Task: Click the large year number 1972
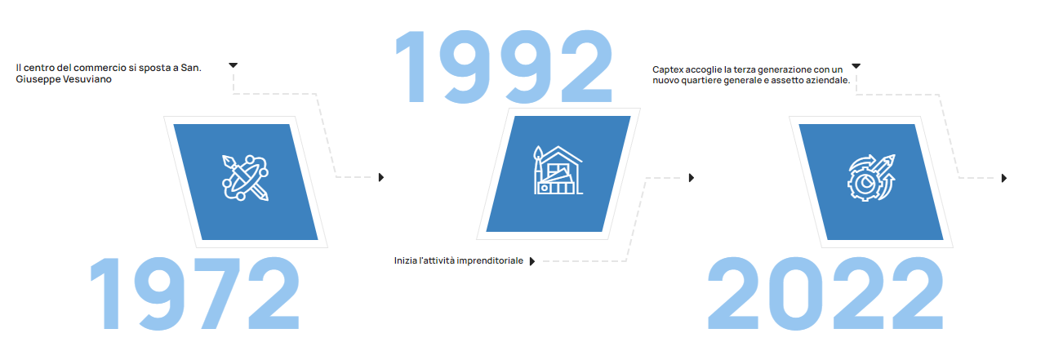click(x=195, y=293)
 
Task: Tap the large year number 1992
click(x=504, y=66)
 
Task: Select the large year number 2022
click(x=825, y=293)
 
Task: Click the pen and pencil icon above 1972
click(x=246, y=178)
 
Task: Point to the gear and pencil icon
click(x=871, y=178)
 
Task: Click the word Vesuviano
click(x=88, y=79)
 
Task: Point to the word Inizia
click(x=405, y=260)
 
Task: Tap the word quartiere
click(x=701, y=81)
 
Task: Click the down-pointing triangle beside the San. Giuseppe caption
click(x=233, y=65)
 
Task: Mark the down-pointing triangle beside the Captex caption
click(x=856, y=66)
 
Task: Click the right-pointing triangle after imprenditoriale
click(x=532, y=261)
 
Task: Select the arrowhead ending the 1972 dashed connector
click(x=381, y=177)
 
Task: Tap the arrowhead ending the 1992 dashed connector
click(x=692, y=178)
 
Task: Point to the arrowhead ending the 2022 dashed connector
click(x=1004, y=178)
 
